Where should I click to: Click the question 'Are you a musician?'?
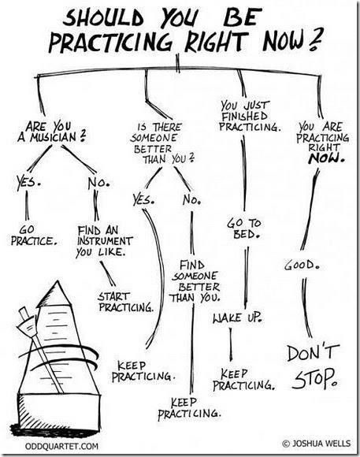[x=52, y=132]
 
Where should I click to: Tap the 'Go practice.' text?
[x=34, y=236]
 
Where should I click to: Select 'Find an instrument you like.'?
[x=104, y=241]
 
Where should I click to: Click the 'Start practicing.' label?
[x=125, y=302]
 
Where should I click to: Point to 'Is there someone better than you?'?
[x=161, y=143]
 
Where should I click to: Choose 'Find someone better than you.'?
[x=195, y=281]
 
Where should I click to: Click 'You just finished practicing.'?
[x=250, y=116]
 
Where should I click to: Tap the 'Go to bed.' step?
[x=244, y=228]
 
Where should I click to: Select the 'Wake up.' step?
[x=238, y=317]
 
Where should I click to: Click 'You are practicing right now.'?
[x=323, y=143]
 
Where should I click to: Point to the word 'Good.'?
[x=302, y=266]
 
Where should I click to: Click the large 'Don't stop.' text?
[x=313, y=367]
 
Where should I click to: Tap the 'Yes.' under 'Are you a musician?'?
[x=29, y=182]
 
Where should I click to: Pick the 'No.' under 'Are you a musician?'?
[x=98, y=183]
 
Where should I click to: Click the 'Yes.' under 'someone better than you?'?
[x=143, y=199]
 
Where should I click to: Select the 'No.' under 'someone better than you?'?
[x=191, y=200]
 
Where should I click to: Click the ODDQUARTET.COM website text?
[x=61, y=446]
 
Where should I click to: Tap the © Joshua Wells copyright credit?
[x=316, y=444]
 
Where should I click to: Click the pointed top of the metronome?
[x=58, y=281]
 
